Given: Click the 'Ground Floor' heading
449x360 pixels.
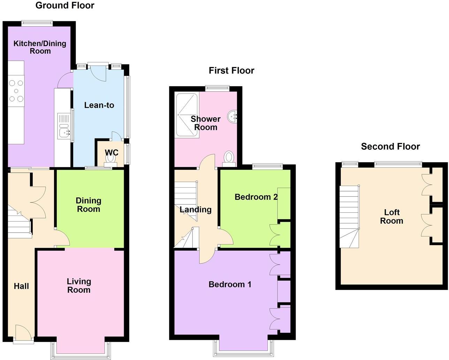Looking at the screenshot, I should tap(65, 6).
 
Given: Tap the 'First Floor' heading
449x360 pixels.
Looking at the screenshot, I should tap(231, 70).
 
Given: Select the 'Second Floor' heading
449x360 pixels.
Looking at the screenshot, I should tap(390, 147).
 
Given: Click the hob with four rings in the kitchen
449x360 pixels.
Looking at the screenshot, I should tap(16, 91).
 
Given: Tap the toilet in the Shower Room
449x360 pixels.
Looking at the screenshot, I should tap(229, 158).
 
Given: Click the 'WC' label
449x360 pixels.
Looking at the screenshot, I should tap(112, 152).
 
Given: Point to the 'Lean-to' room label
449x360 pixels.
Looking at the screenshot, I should tap(99, 105).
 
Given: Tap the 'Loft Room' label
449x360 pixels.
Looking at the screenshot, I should tap(391, 217).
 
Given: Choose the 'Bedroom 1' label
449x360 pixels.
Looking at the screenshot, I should tap(230, 284).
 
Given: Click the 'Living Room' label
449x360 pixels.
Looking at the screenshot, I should tap(79, 286).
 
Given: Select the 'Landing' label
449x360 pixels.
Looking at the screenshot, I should tap(196, 210).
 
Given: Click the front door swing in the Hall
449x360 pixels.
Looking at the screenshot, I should tap(23, 332).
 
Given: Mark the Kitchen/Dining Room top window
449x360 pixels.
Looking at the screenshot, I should tap(37, 24).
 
